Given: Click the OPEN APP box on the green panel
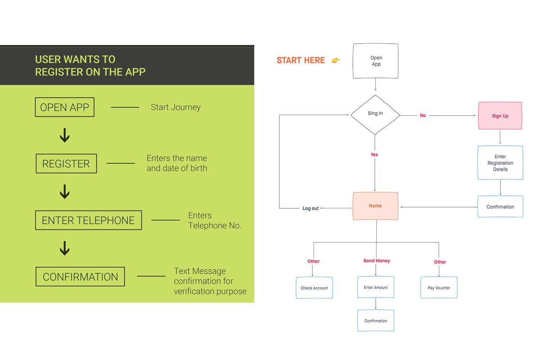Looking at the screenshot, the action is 65,107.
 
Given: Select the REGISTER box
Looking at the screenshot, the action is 66,163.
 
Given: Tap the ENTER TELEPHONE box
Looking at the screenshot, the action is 89,220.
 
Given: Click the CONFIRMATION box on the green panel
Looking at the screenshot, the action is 80,277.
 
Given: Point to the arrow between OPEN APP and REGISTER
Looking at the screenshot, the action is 65,135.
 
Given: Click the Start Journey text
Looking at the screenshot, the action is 176,107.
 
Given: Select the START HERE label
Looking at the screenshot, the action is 301,60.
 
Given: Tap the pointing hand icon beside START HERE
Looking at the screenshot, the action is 336,60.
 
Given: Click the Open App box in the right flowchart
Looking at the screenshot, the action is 376,61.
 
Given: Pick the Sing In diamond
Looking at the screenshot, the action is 375,115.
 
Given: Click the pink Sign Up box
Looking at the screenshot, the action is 500,116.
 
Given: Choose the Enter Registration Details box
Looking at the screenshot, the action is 500,163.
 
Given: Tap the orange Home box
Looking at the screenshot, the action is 375,206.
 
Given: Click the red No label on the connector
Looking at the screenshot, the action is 423,116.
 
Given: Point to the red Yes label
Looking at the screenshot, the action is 374,154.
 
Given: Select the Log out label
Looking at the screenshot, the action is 310,208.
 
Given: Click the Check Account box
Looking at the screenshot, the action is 315,288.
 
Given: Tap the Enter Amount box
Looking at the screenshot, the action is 376,287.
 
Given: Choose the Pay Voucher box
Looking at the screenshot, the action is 439,288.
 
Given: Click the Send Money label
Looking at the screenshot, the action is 377,261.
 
